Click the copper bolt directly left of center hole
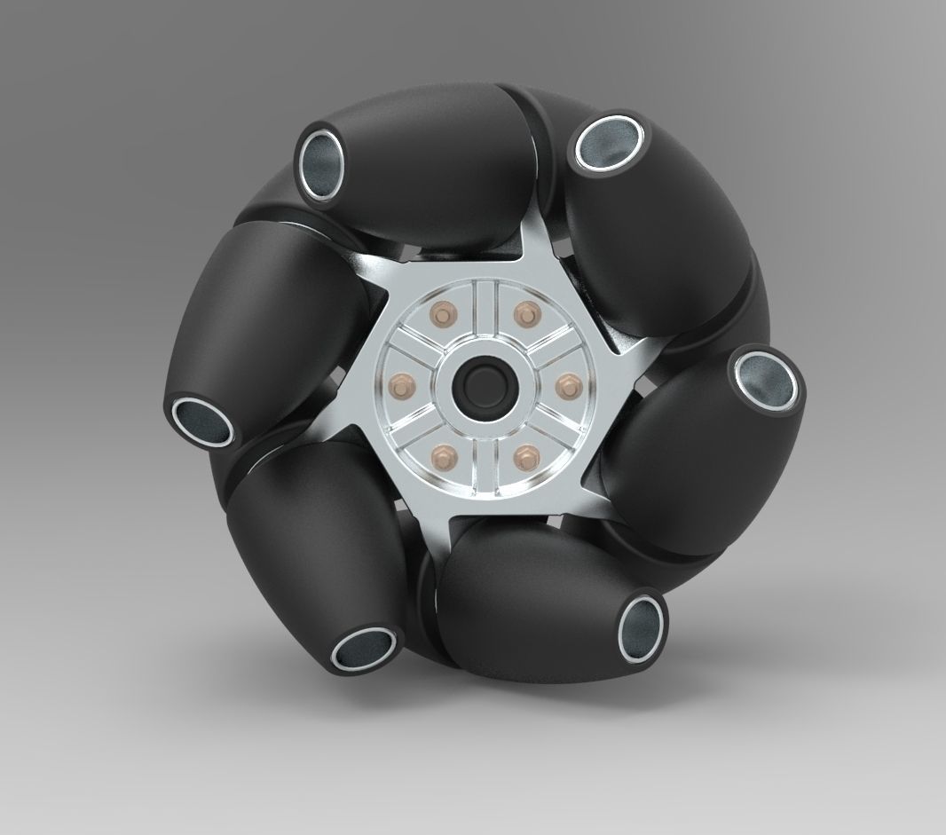pyautogui.click(x=398, y=384)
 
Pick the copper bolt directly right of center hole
pyautogui.click(x=568, y=384)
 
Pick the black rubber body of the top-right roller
pyautogui.click(x=639, y=231)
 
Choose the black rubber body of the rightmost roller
pyautogui.click(x=683, y=453)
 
